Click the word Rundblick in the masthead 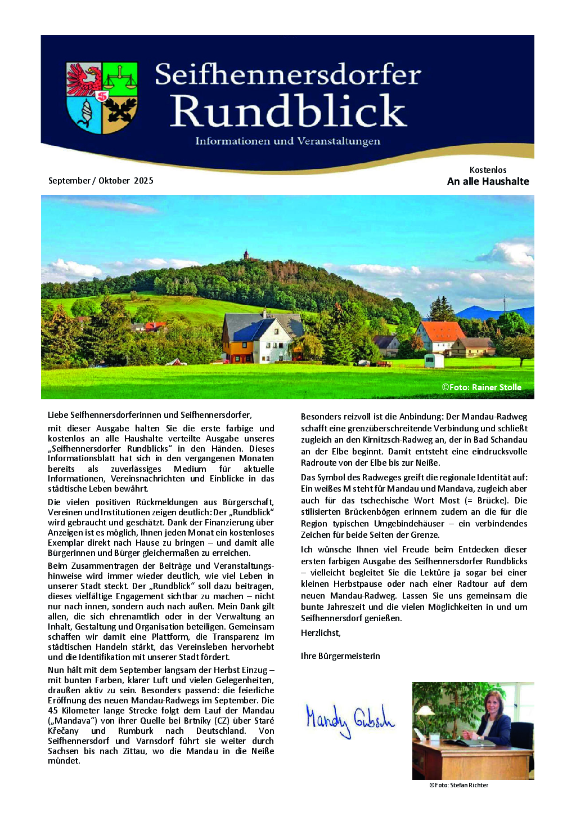pos(288,111)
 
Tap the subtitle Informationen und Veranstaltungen pos(287,141)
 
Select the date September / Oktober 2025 pos(101,181)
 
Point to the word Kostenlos pos(488,170)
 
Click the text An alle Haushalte pos(488,181)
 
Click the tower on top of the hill pos(246,255)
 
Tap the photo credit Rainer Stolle pos(481,387)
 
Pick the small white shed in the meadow pos(434,360)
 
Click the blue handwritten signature pos(349,720)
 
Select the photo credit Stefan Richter pos(458,785)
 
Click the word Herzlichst pos(321,633)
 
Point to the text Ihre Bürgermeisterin pos(340,656)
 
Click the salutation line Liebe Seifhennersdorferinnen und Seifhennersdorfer pos(150,415)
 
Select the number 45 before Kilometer pos(53,711)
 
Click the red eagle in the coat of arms pos(84,79)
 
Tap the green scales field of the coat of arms pos(120,79)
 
